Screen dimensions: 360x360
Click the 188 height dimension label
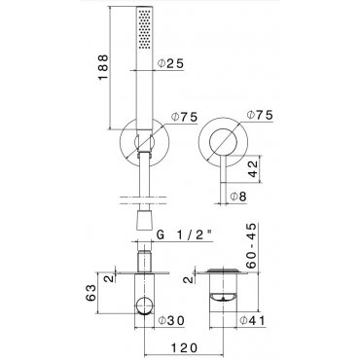tap(103, 67)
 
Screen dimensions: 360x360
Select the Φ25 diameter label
tap(171, 63)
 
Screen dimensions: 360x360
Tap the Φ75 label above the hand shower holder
tap(184, 117)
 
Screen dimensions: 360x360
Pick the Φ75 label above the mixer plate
tap(260, 115)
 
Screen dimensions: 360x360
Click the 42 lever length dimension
tap(255, 169)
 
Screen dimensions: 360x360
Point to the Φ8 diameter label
tap(238, 197)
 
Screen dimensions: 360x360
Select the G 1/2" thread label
tap(185, 234)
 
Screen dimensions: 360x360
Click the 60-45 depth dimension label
tap(251, 245)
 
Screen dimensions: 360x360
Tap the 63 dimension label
tap(91, 293)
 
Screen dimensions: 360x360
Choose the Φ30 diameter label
tap(171, 320)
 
